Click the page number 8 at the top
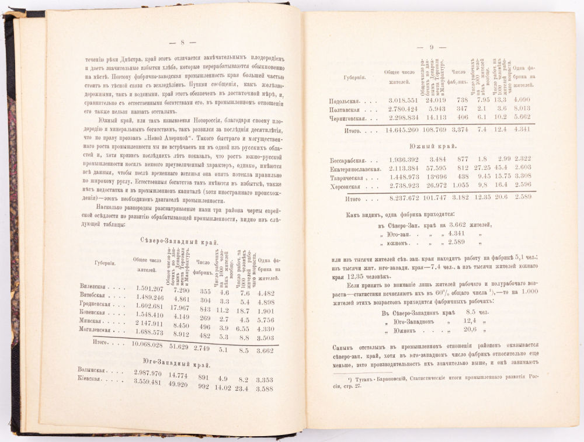pos(182,42)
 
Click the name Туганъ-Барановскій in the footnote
pos(380,383)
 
